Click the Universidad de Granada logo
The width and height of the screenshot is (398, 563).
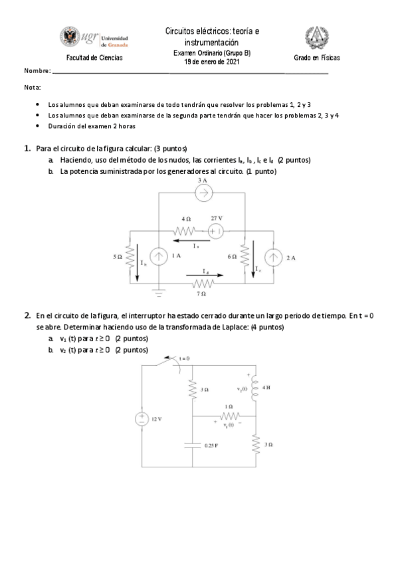pos(94,39)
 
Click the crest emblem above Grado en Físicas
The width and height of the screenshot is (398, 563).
pos(317,39)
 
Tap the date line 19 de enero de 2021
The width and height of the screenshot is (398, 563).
pos(212,62)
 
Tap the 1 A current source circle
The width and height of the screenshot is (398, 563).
pos(159,256)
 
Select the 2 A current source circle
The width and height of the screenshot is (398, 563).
pos(274,257)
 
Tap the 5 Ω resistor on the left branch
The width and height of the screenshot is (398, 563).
pos(130,256)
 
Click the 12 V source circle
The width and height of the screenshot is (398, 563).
pos(142,419)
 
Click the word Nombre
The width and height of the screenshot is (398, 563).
pos(37,71)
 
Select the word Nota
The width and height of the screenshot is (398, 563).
pos(32,88)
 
